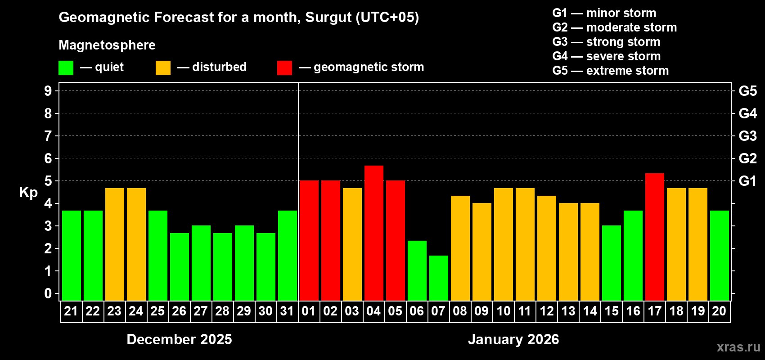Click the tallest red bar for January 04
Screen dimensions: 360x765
coord(373,233)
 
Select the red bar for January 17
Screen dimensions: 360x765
coord(654,237)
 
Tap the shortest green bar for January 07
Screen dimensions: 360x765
coord(438,278)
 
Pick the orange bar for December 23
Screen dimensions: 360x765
coord(114,244)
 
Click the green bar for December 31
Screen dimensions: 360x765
coord(287,256)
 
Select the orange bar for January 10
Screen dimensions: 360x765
coord(503,244)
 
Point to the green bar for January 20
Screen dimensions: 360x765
coord(719,256)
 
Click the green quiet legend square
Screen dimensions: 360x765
coord(66,68)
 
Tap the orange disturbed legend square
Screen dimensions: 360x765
coord(163,68)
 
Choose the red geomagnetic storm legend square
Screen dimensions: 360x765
coord(284,68)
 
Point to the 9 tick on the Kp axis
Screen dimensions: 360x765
coord(48,91)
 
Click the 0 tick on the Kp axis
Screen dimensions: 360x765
coord(48,294)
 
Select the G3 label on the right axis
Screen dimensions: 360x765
coord(747,136)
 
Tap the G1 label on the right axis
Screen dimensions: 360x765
coord(747,181)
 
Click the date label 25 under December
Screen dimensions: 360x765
coord(157,311)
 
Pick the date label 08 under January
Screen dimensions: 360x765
coord(460,311)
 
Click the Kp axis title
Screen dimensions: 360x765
coord(28,193)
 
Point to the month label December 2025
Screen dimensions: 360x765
coord(179,339)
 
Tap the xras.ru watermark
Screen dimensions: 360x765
coord(738,347)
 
